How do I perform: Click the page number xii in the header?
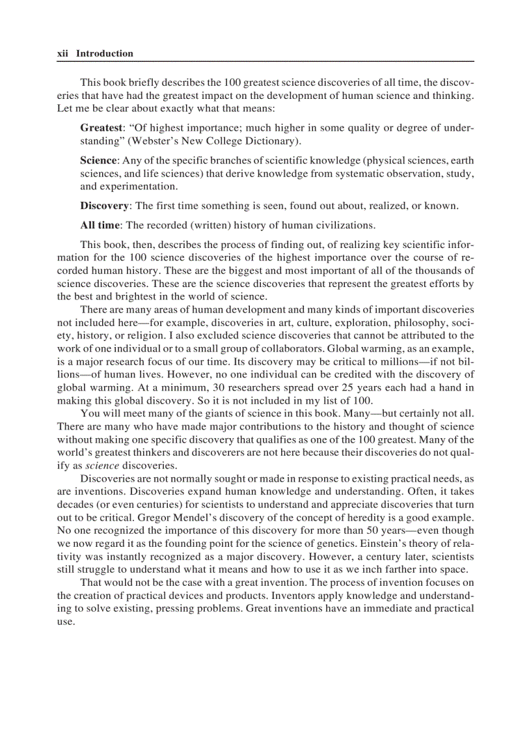point(63,54)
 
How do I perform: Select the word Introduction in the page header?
point(104,54)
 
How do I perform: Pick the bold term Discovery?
point(104,206)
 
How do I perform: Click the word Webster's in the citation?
point(166,141)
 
